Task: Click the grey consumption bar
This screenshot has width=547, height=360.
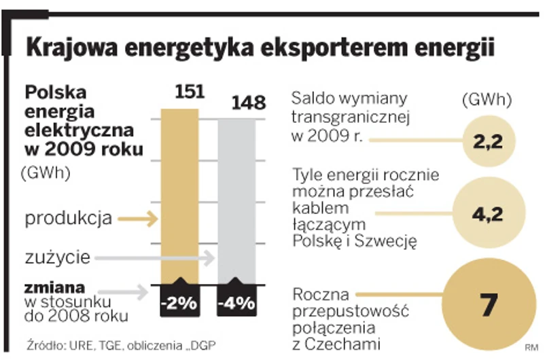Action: tap(237, 197)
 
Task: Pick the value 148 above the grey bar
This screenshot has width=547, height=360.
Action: tap(247, 103)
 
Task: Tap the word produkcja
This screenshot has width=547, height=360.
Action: tap(69, 219)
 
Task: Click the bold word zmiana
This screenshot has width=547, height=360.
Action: tap(55, 286)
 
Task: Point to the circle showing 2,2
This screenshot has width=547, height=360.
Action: tap(487, 142)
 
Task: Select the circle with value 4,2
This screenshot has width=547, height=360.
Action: tap(487, 215)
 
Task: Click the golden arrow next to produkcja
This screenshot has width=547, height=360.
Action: tap(138, 219)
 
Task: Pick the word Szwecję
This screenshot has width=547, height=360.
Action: tap(389, 241)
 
